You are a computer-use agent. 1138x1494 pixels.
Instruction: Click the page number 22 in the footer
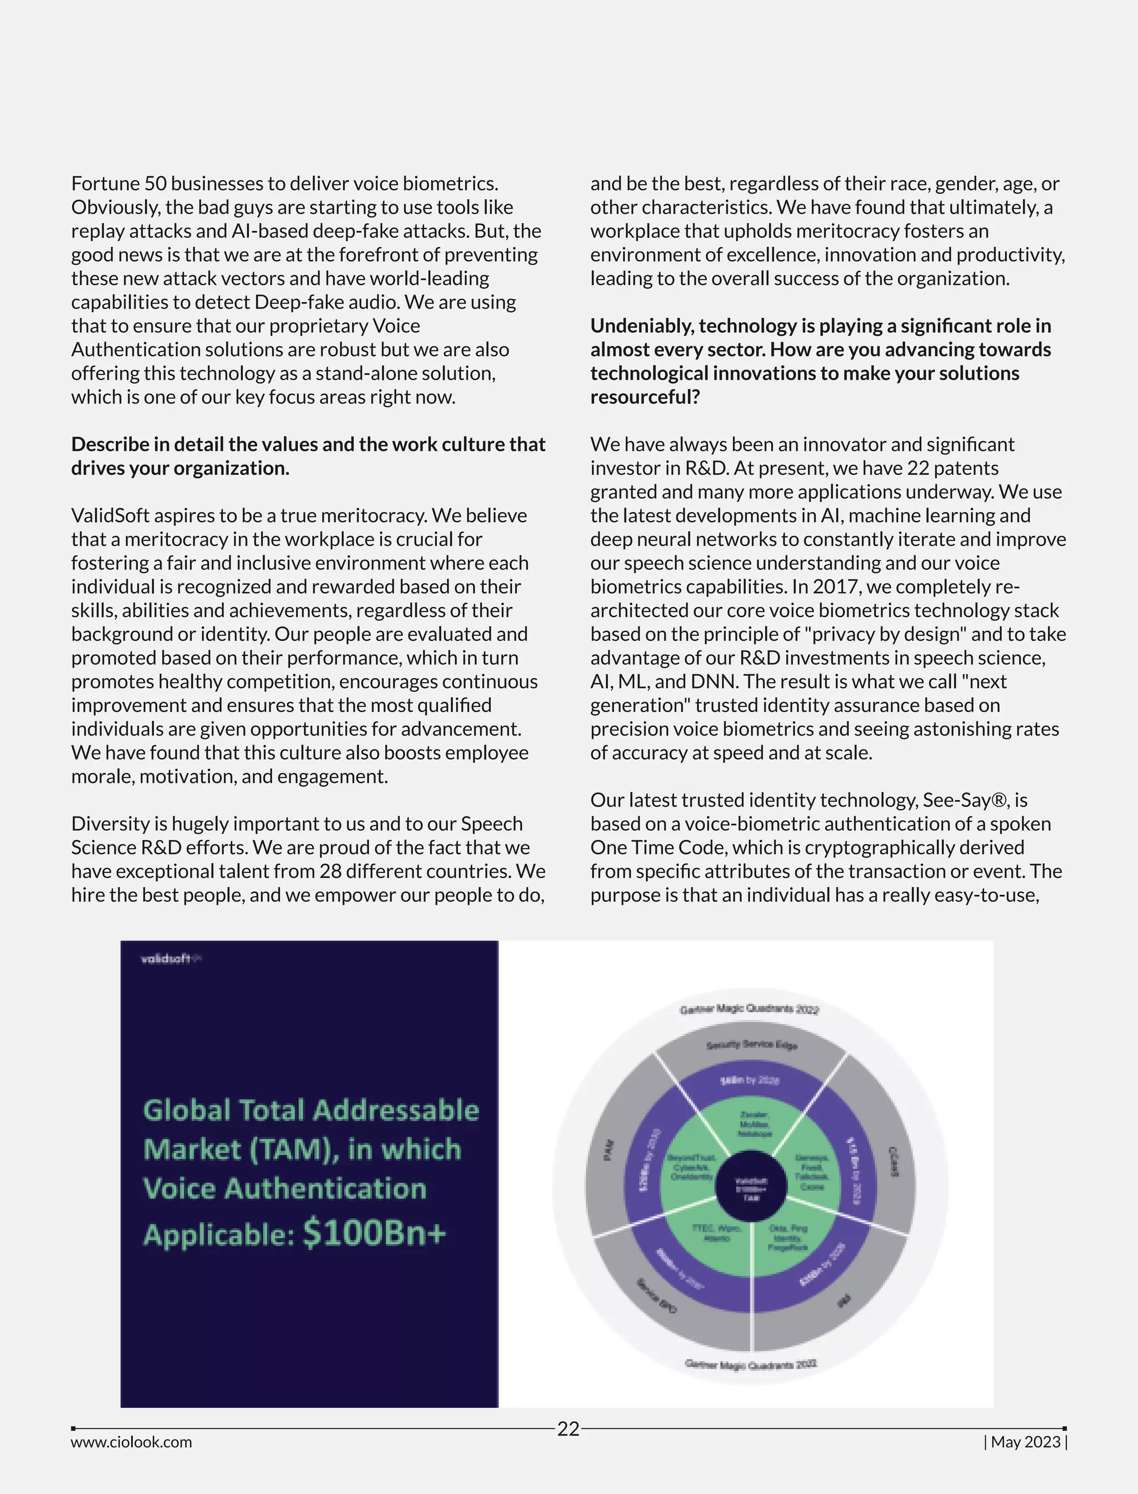568,1429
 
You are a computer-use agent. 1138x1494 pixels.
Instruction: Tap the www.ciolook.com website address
131,1442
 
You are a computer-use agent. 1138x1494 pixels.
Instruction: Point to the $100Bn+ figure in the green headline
375,1232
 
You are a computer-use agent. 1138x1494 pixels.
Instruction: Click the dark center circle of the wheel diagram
751,1189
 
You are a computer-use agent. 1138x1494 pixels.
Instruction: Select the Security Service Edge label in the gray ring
752,1044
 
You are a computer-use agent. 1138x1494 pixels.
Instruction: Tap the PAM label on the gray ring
608,1150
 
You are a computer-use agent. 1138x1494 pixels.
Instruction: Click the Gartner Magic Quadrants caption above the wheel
749,1009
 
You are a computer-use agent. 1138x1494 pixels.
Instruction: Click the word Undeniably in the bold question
641,326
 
